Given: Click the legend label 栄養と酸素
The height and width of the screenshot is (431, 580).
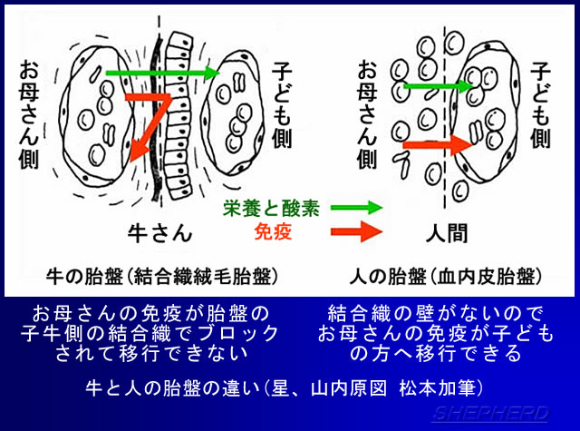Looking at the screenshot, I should (x=271, y=209).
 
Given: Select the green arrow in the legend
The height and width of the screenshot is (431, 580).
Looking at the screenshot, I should (x=356, y=209).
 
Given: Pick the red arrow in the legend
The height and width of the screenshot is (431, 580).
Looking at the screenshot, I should (x=357, y=231).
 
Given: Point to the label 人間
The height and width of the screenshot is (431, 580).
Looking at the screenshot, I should (x=447, y=233).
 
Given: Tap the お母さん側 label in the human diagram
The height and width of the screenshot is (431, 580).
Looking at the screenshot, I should (x=367, y=113).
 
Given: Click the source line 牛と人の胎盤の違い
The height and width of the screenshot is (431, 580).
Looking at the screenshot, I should (x=289, y=387).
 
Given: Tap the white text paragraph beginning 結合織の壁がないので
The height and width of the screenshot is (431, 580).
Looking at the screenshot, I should (x=437, y=332).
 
